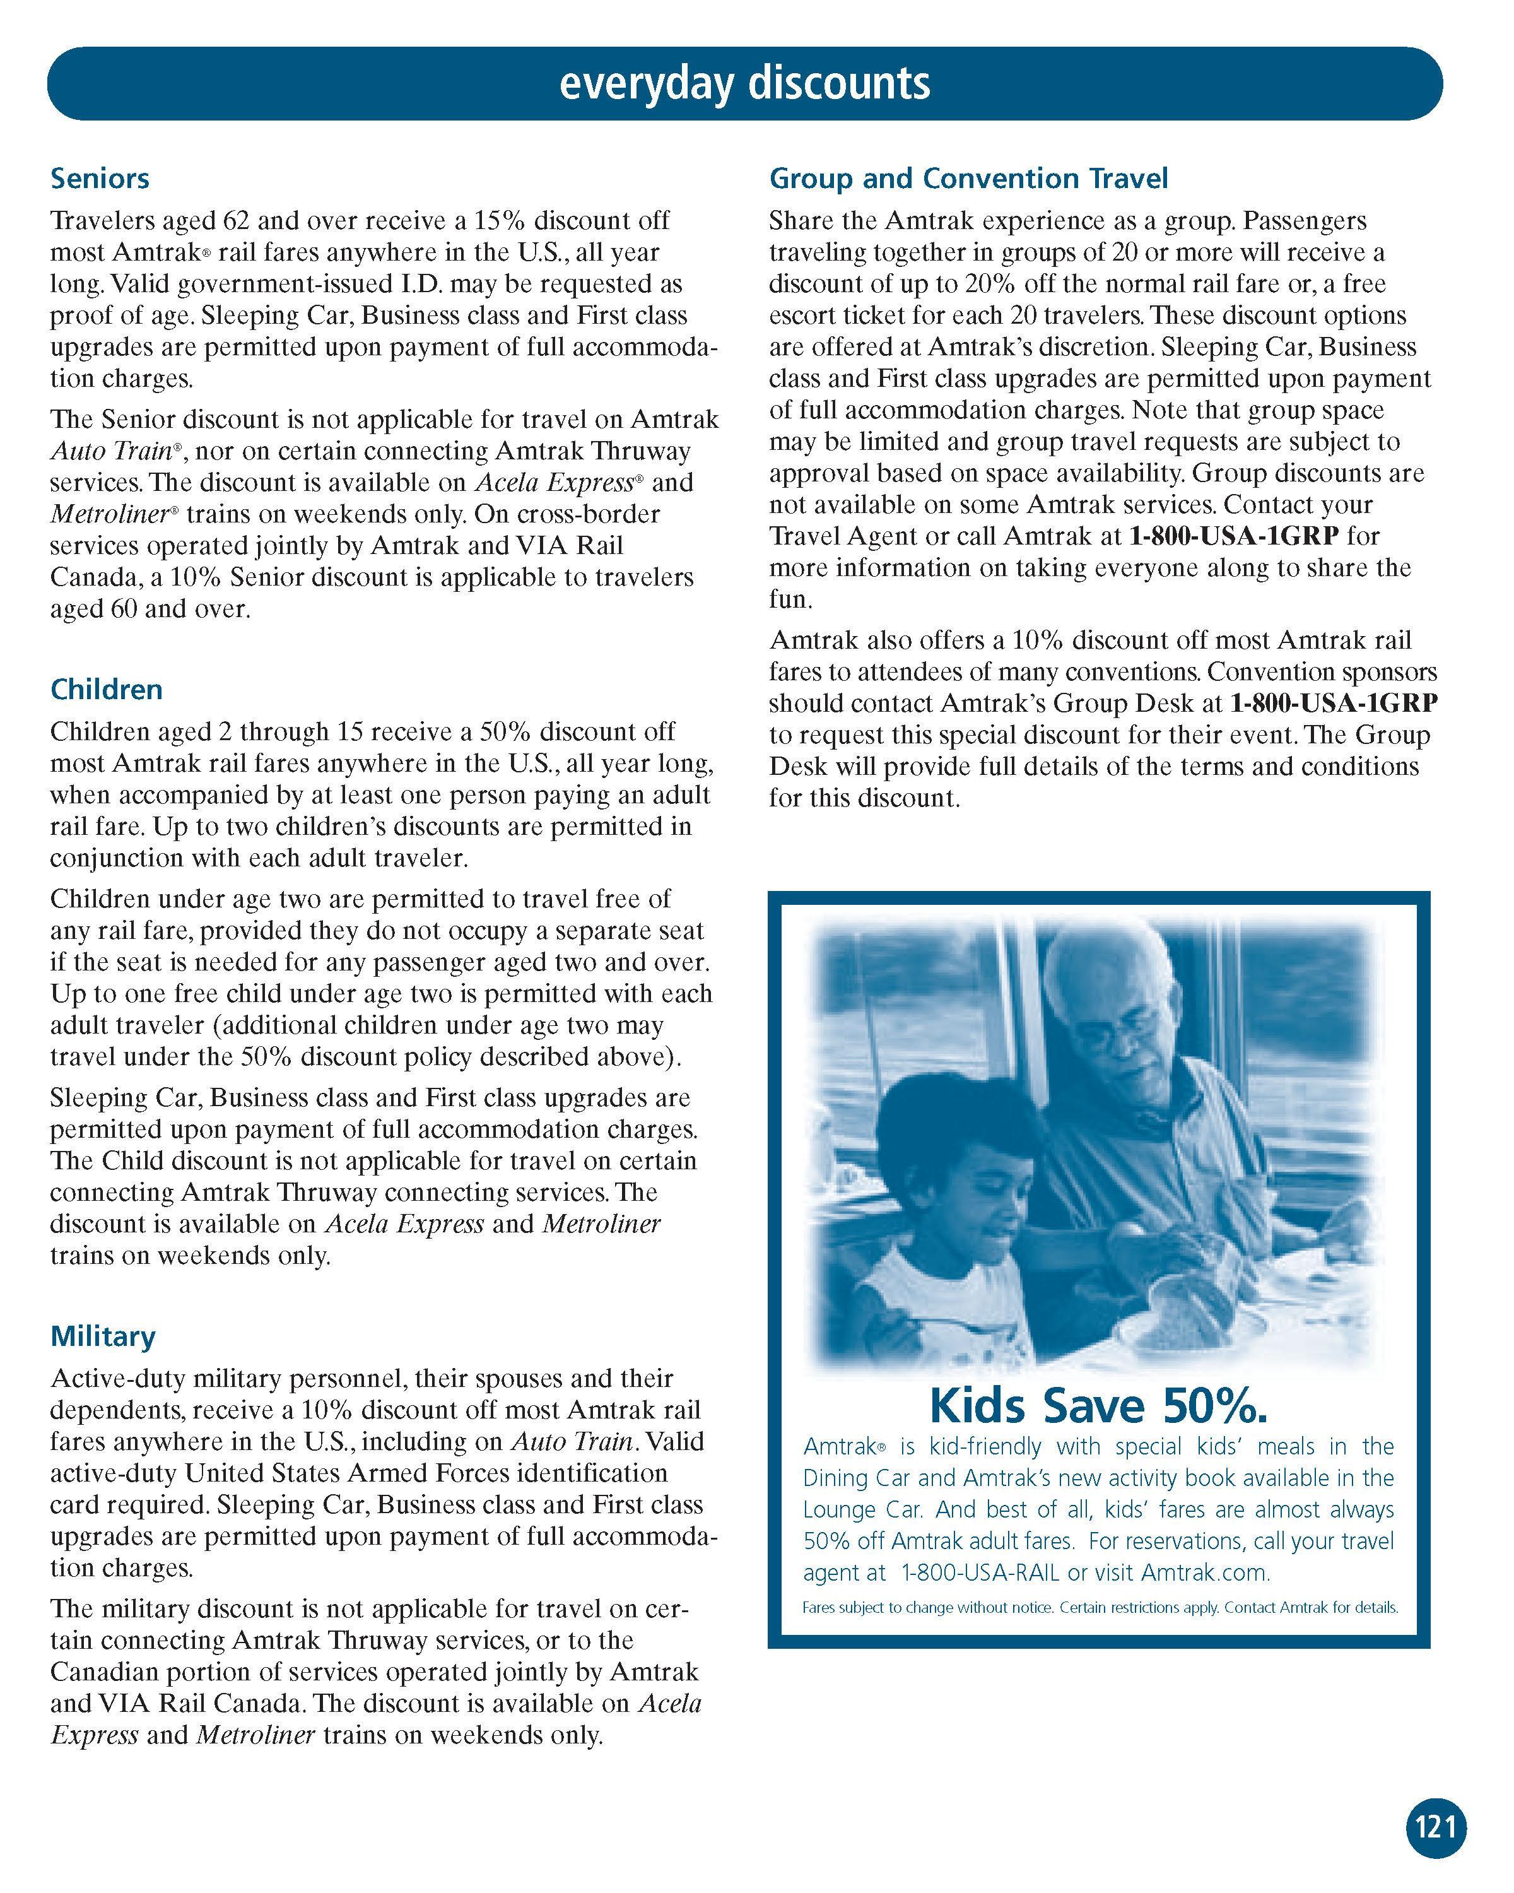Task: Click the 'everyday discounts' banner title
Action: [744, 83]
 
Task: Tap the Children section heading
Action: [106, 689]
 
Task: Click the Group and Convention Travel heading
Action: [968, 178]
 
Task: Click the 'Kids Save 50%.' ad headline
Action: [1098, 1406]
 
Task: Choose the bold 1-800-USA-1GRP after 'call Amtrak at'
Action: [1233, 536]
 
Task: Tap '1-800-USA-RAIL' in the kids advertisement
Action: [980, 1572]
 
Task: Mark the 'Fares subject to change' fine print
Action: [1099, 1608]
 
